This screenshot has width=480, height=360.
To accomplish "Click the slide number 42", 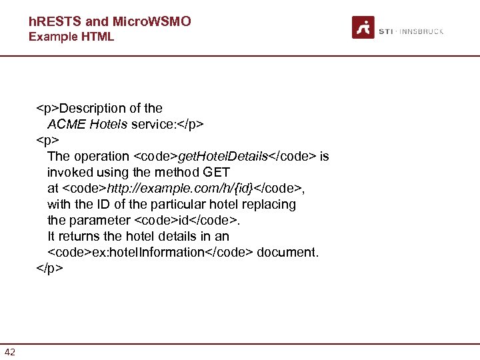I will [x=10, y=352].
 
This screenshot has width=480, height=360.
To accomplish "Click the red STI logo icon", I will [x=363, y=27].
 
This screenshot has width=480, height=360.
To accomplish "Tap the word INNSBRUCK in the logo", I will [x=421, y=31].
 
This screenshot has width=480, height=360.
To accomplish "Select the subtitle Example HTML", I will [x=71, y=37].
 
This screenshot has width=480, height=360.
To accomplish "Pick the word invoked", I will [x=69, y=172].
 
